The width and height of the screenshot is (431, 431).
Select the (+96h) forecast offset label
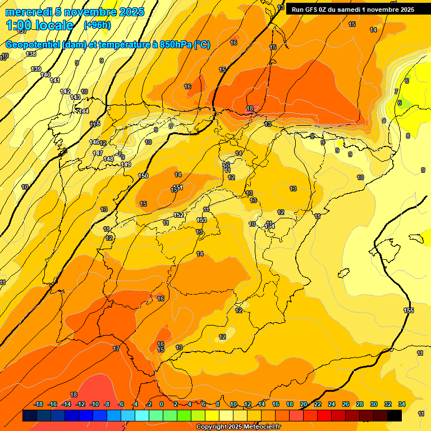tap(97, 25)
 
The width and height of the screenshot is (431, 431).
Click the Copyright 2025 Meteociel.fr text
tap(238, 427)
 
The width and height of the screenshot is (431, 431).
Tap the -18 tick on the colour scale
tap(39, 404)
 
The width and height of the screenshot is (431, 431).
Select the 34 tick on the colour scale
tap(402, 404)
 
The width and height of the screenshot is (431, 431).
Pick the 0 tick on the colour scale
tap(162, 404)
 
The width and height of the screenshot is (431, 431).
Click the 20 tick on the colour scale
tap(304, 404)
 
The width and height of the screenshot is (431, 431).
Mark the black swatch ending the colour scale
tap(395, 415)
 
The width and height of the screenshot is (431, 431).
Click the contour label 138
tap(31, 54)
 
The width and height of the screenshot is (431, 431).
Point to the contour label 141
tap(55, 81)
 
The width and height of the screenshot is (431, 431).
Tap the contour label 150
tap(144, 176)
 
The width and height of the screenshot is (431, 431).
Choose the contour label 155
tap(409, 311)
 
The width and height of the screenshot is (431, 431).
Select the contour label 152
tap(178, 215)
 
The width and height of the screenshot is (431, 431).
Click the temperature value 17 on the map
tap(116, 349)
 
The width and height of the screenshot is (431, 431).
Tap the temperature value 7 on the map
tap(396, 91)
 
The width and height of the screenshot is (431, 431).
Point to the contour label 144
tap(84, 111)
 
